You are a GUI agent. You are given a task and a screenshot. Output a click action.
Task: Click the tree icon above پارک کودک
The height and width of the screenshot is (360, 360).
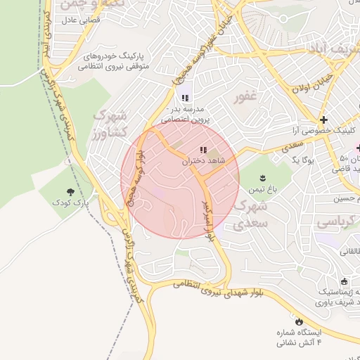click(x=70, y=191)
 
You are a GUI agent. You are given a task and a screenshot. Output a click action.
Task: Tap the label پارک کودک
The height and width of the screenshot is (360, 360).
click(x=71, y=202)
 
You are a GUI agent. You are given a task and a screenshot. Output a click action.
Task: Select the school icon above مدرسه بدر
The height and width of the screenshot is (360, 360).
click(x=185, y=98)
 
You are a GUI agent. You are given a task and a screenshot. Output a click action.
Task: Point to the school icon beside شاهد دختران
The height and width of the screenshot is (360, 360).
click(x=204, y=150)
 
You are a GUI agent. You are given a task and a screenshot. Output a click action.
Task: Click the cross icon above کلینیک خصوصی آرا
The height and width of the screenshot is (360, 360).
click(x=323, y=120)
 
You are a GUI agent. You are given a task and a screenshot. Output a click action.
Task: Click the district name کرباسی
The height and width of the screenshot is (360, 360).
click(x=336, y=222)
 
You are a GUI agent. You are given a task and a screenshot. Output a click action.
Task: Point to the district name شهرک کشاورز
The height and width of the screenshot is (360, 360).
click(x=110, y=123)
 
